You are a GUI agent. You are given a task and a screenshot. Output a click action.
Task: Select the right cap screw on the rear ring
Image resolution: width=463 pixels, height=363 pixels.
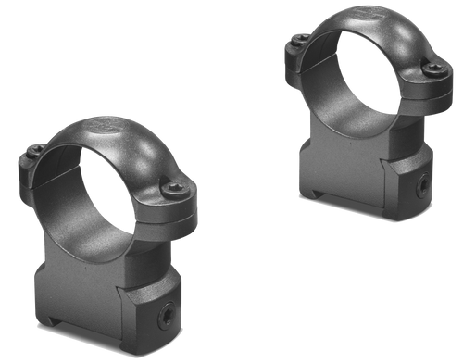click(x=430, y=68)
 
